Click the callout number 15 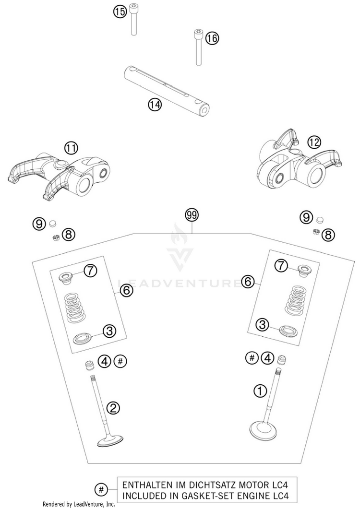tap(120, 12)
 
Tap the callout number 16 tap(212, 38)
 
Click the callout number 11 tap(72, 148)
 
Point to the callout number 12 tap(314, 142)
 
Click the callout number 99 tap(192, 215)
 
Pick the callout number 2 tap(113, 408)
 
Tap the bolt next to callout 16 tap(198, 47)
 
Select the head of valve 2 tap(110, 441)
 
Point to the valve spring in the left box tap(74, 308)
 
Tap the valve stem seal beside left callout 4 tap(89, 365)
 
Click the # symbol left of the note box tap(101, 489)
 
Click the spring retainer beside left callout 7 tap(66, 279)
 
